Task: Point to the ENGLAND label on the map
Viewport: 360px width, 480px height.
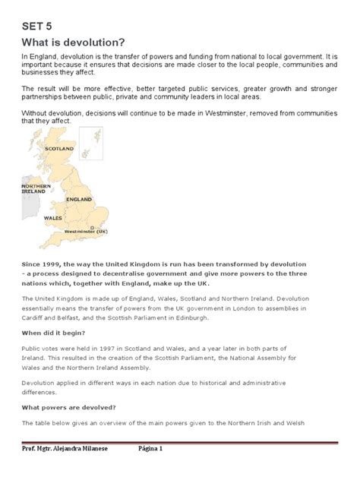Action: [78, 198]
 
